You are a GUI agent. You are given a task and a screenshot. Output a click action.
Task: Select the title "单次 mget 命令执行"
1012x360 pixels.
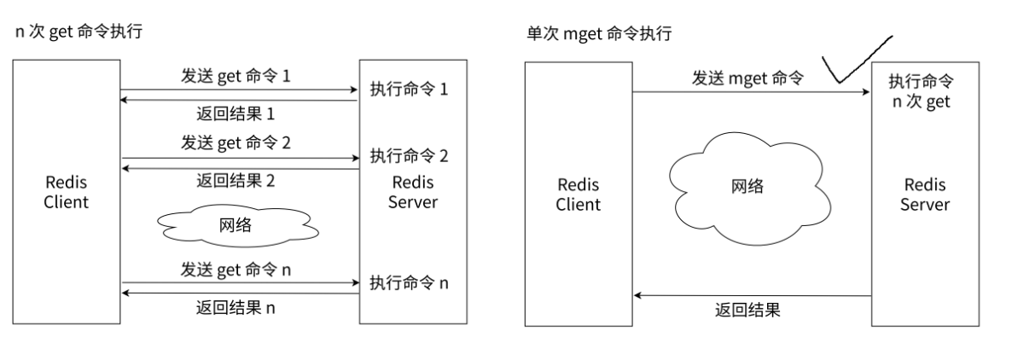click(x=598, y=34)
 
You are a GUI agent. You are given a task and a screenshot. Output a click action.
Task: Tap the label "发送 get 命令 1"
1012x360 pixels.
click(x=236, y=76)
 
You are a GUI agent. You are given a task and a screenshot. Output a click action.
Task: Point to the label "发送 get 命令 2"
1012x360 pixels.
click(x=236, y=142)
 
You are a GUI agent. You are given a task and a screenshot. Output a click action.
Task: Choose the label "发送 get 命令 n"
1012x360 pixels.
click(x=236, y=270)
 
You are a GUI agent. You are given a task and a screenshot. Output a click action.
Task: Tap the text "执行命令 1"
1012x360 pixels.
click(x=409, y=89)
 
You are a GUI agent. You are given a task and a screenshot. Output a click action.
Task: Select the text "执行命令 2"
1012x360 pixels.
click(x=409, y=156)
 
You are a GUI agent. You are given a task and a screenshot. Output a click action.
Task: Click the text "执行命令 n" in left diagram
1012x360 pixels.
click(x=409, y=282)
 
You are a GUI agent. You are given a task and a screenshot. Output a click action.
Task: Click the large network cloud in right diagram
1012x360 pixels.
click(x=747, y=188)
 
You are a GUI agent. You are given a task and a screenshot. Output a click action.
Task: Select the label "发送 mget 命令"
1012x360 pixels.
click(x=747, y=78)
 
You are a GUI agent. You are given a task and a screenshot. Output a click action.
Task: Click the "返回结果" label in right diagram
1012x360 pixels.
click(x=747, y=310)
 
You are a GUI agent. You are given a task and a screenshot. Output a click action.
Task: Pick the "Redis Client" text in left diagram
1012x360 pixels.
click(x=66, y=193)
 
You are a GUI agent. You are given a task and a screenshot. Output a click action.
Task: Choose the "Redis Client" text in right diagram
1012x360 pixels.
click(x=579, y=195)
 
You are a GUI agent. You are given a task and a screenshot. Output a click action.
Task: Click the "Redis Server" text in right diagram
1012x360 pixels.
click(x=926, y=195)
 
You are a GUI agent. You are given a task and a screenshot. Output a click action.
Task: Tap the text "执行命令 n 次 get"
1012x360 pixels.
click(x=921, y=91)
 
